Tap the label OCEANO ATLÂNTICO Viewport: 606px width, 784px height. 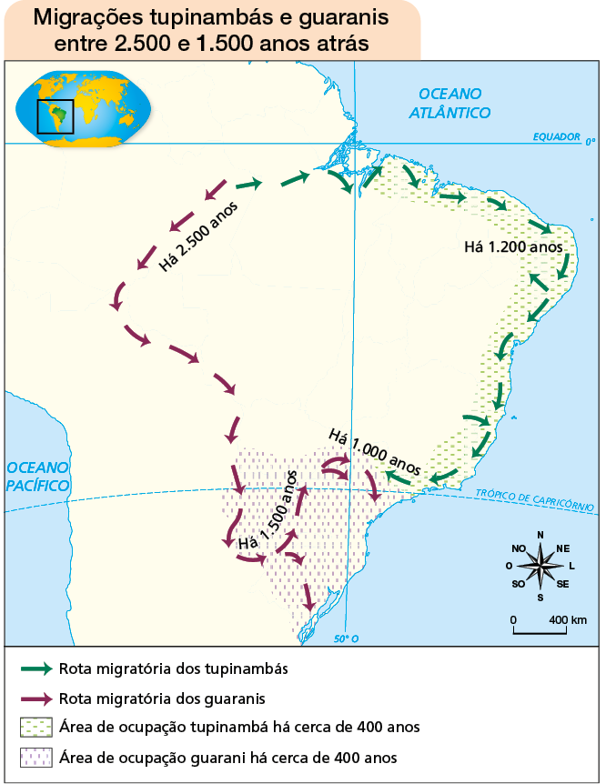449,103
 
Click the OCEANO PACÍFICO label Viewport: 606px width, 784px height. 38,476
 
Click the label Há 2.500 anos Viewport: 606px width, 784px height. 204,235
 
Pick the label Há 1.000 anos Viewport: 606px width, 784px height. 374,452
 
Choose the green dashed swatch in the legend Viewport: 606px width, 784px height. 35,728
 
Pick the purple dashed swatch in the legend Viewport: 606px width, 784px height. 35,757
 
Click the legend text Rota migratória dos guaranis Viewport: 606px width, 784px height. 161,699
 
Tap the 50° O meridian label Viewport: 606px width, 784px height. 346,638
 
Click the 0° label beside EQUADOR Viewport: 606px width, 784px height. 590,142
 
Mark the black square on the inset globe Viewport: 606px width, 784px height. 55,116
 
